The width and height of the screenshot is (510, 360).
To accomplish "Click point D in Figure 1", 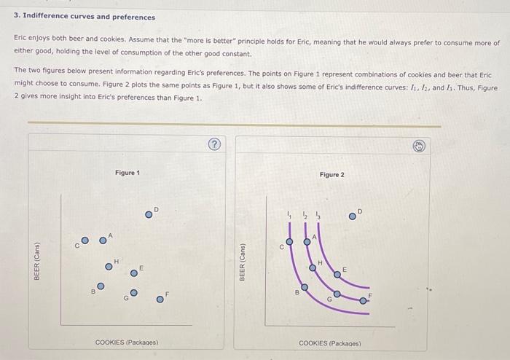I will click(x=149, y=214).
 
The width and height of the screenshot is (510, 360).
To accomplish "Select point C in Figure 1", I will click(x=85, y=240).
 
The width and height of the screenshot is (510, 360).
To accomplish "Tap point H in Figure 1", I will click(x=109, y=266).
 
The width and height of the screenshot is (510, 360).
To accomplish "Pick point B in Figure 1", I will click(x=101, y=286).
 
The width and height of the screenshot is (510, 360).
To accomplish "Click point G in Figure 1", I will click(x=133, y=293).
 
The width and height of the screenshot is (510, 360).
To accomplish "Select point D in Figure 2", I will click(x=353, y=216).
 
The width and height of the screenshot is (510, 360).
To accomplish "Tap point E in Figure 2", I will click(x=337, y=274).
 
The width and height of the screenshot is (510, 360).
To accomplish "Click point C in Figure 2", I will click(x=289, y=241).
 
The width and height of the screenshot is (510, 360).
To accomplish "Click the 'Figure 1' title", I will click(x=127, y=173).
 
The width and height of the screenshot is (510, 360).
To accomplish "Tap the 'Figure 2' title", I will click(x=332, y=175).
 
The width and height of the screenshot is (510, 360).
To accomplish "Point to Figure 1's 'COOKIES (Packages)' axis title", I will click(x=127, y=342).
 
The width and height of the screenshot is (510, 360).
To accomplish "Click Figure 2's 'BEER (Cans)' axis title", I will click(x=243, y=260).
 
